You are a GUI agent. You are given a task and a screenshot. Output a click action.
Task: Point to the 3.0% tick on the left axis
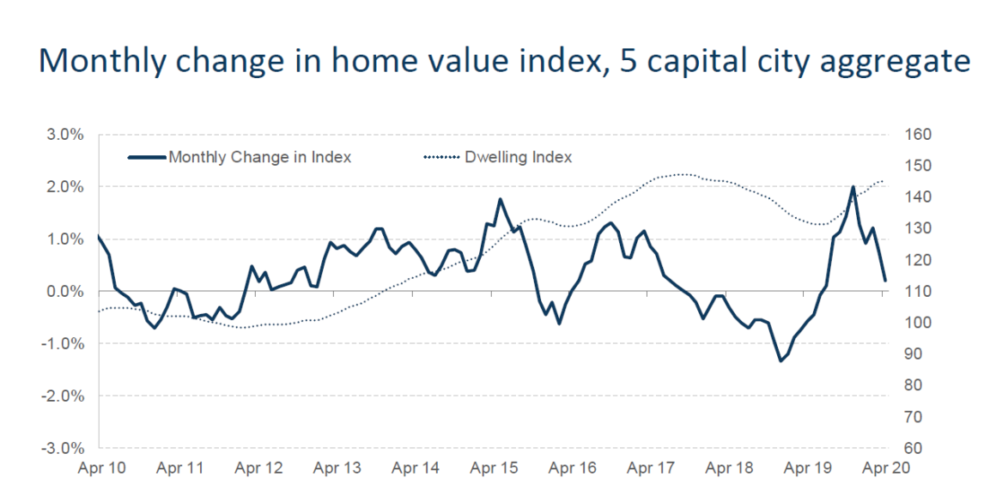click(65, 135)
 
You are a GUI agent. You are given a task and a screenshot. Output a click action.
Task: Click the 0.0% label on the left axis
click(65, 292)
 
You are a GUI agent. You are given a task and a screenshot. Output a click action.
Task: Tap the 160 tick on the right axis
click(917, 135)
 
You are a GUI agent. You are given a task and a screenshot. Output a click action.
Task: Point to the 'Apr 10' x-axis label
click(101, 469)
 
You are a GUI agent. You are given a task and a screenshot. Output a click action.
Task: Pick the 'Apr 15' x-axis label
click(494, 469)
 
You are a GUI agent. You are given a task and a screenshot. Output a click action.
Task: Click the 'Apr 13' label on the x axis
click(337, 469)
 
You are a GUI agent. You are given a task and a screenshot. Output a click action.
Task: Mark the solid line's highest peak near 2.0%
click(853, 186)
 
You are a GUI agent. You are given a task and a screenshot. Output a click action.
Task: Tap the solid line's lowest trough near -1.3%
click(780, 360)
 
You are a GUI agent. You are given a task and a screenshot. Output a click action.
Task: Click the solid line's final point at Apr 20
click(885, 281)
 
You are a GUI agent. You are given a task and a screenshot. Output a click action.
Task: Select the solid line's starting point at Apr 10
click(99, 235)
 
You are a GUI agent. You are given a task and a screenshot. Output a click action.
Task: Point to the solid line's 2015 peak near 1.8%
click(501, 199)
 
